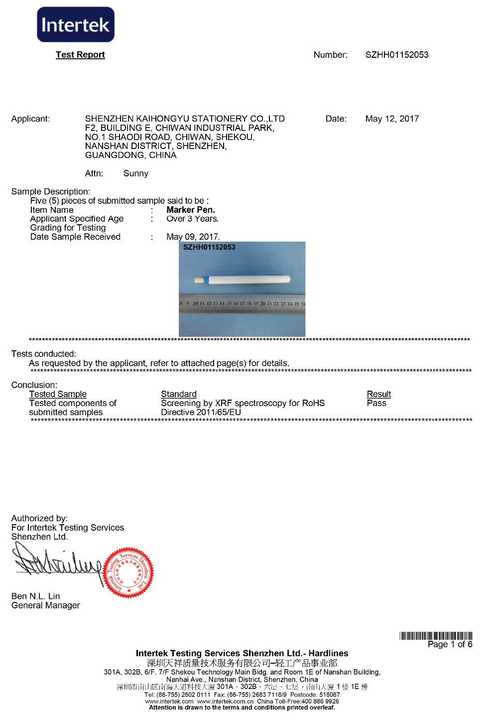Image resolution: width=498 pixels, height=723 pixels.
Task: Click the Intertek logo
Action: click(x=76, y=24)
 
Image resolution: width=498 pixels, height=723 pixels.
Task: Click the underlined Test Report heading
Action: click(x=80, y=55)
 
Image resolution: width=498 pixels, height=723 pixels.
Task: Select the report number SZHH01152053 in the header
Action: click(x=396, y=55)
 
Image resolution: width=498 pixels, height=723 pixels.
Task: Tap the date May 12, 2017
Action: click(x=392, y=119)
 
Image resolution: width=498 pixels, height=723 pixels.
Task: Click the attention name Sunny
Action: click(x=135, y=173)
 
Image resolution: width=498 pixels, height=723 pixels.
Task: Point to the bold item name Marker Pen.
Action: click(x=191, y=210)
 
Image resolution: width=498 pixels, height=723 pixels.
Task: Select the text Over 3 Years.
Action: click(x=192, y=219)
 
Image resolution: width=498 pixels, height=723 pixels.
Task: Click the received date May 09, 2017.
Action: click(x=193, y=237)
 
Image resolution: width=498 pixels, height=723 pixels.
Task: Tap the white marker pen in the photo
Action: click(x=244, y=280)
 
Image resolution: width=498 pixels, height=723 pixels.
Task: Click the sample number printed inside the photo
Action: click(x=209, y=247)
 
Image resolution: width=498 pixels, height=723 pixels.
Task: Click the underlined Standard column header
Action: click(x=178, y=394)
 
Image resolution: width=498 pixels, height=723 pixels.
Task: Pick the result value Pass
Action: click(x=376, y=403)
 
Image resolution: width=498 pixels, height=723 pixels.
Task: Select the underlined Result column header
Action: click(x=378, y=394)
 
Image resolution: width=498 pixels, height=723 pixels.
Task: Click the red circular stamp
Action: click(x=128, y=573)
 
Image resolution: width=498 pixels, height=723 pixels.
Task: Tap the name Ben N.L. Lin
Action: click(x=35, y=596)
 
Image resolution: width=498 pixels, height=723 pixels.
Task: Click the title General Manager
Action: click(x=45, y=605)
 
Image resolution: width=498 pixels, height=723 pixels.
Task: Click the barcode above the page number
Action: click(x=436, y=636)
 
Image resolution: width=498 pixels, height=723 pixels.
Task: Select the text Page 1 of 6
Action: click(x=450, y=644)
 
